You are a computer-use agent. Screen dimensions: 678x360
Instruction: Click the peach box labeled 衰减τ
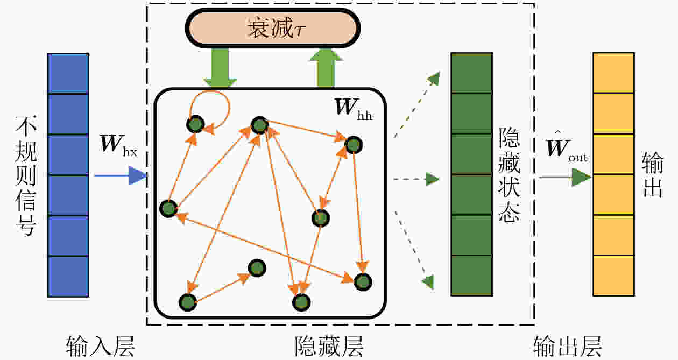[x=273, y=28]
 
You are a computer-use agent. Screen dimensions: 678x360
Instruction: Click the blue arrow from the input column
[x=121, y=175]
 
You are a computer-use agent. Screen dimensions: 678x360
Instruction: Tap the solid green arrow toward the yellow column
[x=565, y=177]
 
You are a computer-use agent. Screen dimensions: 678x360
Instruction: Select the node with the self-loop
[x=195, y=124]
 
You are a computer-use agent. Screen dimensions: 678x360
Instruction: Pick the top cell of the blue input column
[x=68, y=73]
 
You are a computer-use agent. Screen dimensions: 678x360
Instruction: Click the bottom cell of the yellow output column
[x=613, y=276]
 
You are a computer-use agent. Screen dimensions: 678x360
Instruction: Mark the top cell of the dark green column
[x=471, y=73]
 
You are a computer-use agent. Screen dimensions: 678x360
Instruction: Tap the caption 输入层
[x=100, y=347]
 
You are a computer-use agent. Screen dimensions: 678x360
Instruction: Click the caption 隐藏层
[x=329, y=347]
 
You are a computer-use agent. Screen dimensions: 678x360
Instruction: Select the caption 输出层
[x=567, y=347]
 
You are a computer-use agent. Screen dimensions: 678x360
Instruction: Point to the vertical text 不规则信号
[x=26, y=175]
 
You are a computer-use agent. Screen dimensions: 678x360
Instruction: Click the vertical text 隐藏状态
[x=509, y=175]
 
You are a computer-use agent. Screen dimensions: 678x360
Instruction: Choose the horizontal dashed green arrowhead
[x=433, y=179]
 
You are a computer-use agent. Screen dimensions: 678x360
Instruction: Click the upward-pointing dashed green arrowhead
[x=434, y=79]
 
